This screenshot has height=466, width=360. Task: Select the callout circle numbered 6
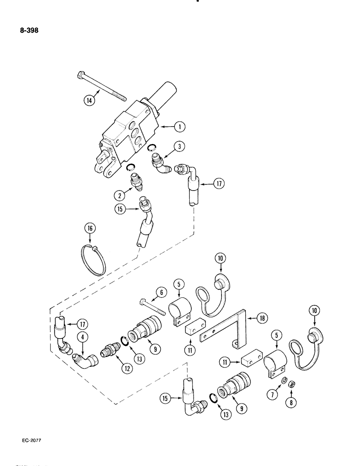click(161, 292)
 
